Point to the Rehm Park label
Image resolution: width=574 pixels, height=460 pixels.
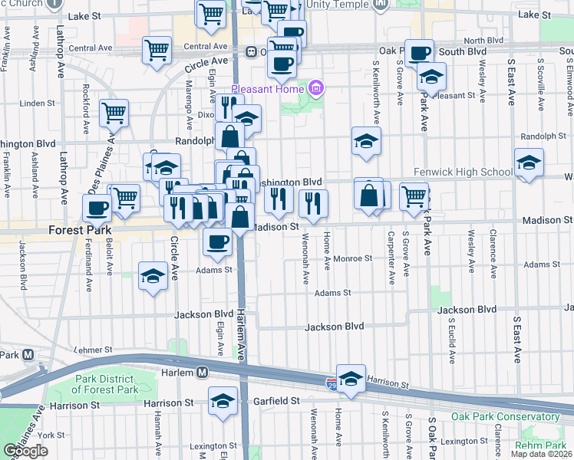click(540, 445)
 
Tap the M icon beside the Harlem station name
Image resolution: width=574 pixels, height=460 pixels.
click(202, 373)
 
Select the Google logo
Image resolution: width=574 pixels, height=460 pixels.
click(26, 451)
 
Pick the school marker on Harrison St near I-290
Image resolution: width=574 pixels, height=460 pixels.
click(351, 378)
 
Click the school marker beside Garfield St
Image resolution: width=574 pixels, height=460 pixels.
click(223, 400)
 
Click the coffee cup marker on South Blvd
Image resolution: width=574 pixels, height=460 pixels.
click(419, 53)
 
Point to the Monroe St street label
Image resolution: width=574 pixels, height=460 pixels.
click(352, 259)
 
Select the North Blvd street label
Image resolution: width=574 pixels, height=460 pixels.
click(483, 40)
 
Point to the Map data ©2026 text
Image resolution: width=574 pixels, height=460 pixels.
click(541, 454)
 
